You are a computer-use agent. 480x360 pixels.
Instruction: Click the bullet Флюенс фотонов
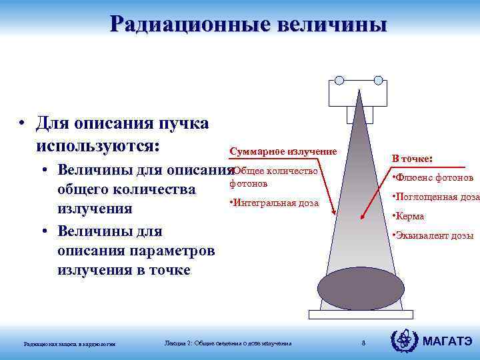pyautogui.click(x=433, y=178)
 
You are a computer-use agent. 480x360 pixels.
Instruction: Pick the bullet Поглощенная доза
pyautogui.click(x=437, y=197)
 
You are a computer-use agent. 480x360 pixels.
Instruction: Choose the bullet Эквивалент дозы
pyautogui.click(x=433, y=235)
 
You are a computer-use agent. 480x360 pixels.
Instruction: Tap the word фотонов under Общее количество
pyautogui.click(x=248, y=183)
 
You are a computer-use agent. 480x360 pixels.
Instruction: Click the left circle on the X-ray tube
pyautogui.click(x=339, y=81)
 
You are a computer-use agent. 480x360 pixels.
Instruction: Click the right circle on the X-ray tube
pyautogui.click(x=378, y=81)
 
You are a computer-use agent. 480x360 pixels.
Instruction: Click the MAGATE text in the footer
pyautogui.click(x=447, y=342)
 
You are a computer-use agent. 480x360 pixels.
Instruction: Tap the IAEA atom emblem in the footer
pyautogui.click(x=404, y=341)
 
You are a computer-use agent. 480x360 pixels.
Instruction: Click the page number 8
pyautogui.click(x=363, y=343)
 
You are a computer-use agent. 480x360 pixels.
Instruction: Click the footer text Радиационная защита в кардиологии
pyautogui.click(x=69, y=344)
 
